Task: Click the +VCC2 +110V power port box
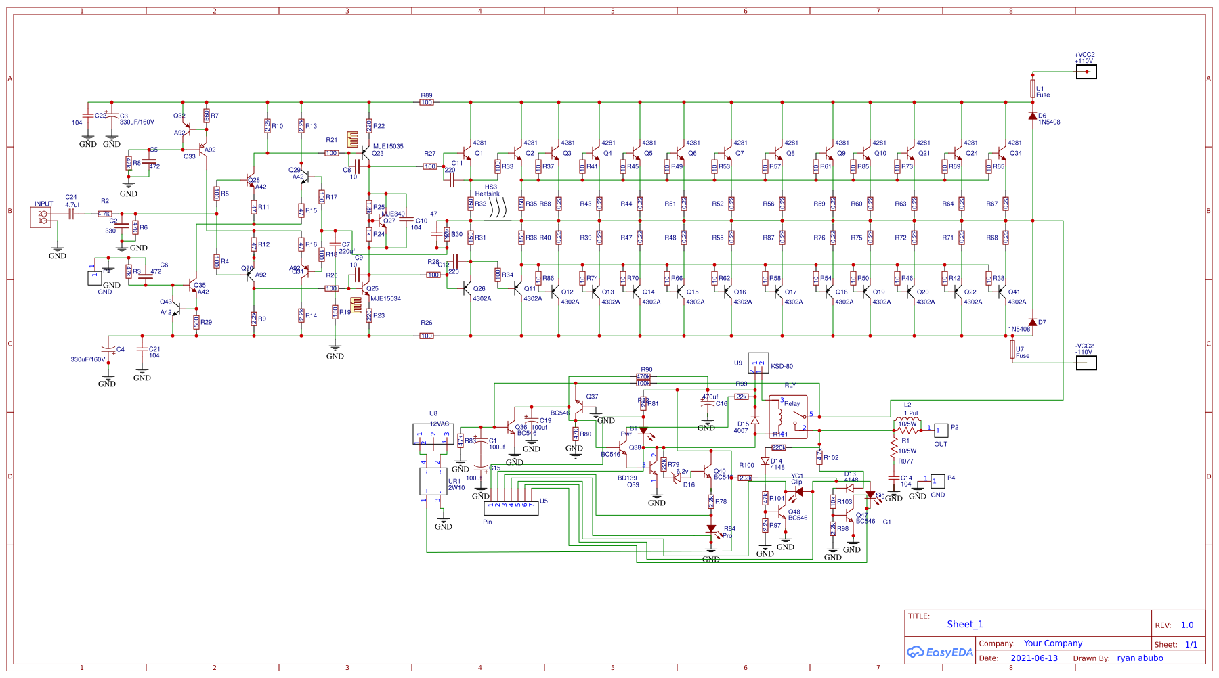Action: pyautogui.click(x=1086, y=72)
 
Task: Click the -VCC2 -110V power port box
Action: pyautogui.click(x=1086, y=363)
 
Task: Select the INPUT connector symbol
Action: pyautogui.click(x=41, y=217)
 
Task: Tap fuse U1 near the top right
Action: pyautogui.click(x=1033, y=89)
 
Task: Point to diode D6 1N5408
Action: pyautogui.click(x=1032, y=116)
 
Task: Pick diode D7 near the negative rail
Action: pyautogui.click(x=1032, y=323)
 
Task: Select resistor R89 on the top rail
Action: pyautogui.click(x=427, y=102)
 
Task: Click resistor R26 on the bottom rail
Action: pyautogui.click(x=427, y=336)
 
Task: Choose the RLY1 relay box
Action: pyautogui.click(x=788, y=417)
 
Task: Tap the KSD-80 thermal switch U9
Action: pyautogui.click(x=758, y=363)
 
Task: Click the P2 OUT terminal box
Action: pyautogui.click(x=941, y=430)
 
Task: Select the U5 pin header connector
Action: pyautogui.click(x=511, y=507)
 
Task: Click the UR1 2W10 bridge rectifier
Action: pyautogui.click(x=433, y=481)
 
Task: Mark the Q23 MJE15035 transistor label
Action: pyautogui.click(x=387, y=146)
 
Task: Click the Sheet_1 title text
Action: pyautogui.click(x=964, y=625)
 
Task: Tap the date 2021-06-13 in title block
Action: pyautogui.click(x=1033, y=658)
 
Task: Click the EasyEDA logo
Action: pyautogui.click(x=940, y=652)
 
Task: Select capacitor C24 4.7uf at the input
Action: pyautogui.click(x=71, y=214)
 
